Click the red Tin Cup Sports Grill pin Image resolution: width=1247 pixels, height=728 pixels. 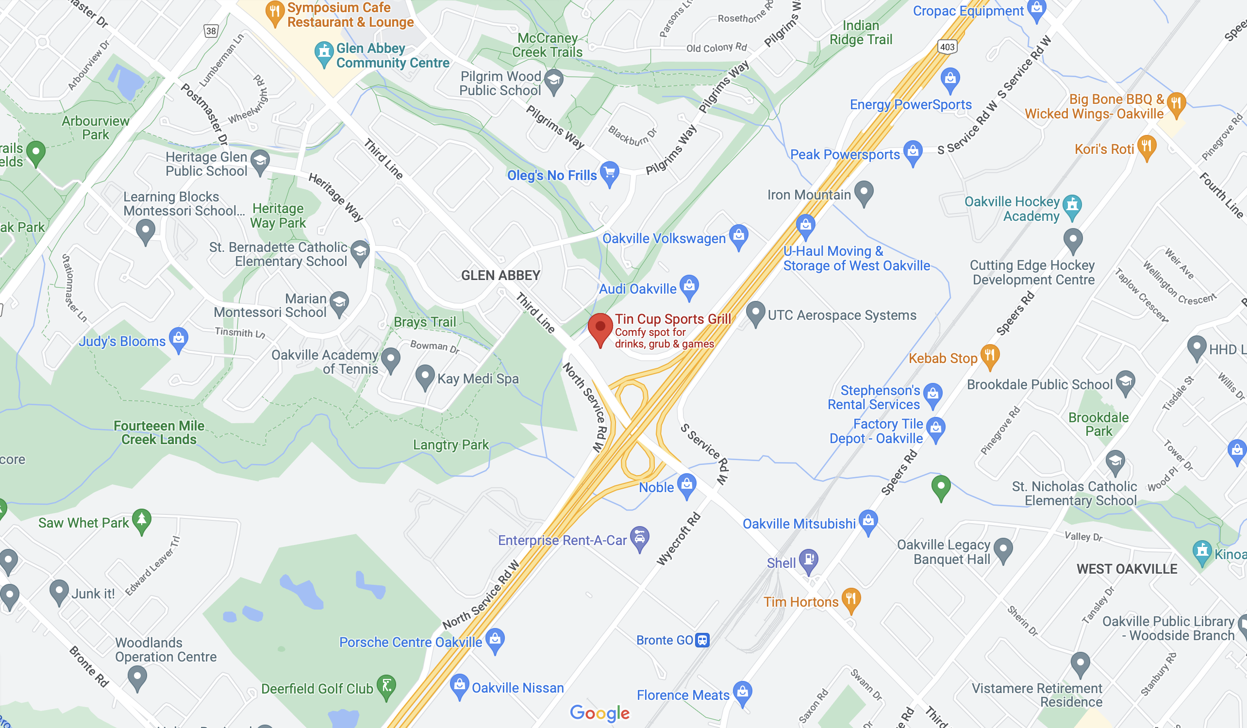point(600,328)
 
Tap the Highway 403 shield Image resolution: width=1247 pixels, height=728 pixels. point(947,47)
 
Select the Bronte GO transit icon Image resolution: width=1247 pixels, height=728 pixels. point(702,640)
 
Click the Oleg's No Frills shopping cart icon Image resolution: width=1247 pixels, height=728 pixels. point(610,173)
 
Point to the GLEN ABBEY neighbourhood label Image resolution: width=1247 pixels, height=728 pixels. point(500,275)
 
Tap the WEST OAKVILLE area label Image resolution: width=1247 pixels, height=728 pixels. point(1127,569)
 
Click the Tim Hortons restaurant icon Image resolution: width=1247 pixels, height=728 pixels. point(850,599)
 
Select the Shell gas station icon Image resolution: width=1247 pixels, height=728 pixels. point(809,560)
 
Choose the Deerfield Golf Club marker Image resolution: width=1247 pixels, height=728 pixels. point(386,686)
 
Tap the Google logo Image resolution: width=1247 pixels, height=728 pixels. point(599,713)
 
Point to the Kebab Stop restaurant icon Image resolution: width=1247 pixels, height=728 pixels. point(990,355)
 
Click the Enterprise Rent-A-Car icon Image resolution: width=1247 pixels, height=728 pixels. point(639,537)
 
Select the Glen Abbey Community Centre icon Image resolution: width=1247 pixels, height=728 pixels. point(324,52)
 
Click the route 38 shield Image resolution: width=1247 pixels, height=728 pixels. point(211,31)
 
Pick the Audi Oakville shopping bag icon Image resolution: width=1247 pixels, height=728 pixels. point(689,286)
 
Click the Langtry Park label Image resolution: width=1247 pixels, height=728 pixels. point(451,445)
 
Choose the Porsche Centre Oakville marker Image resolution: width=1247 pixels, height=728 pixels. point(495,639)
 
